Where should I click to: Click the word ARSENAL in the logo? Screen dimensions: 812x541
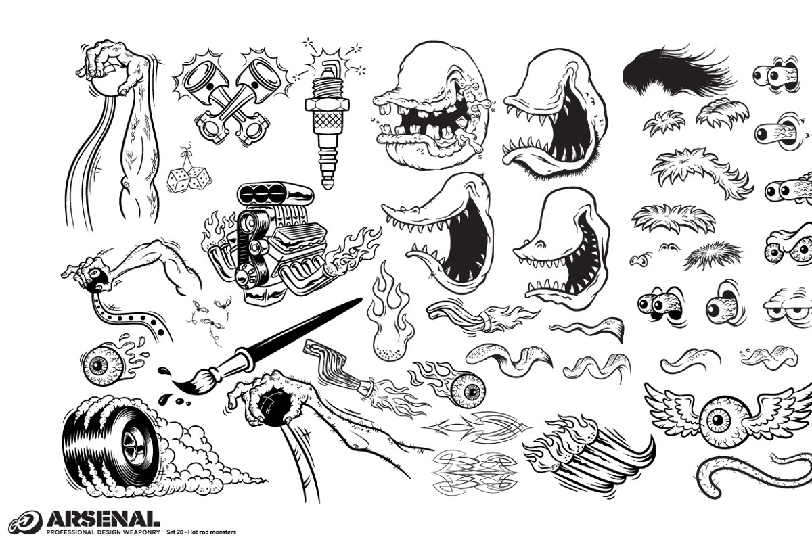[x=103, y=519]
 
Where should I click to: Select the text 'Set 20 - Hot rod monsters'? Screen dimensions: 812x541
[x=201, y=532]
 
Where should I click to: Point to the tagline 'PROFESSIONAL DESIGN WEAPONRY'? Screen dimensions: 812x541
[x=103, y=532]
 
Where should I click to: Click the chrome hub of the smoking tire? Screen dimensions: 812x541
[x=131, y=444]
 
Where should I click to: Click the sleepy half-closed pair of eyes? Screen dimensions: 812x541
[x=786, y=307]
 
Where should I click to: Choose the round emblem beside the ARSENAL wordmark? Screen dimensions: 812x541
[x=26, y=522]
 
